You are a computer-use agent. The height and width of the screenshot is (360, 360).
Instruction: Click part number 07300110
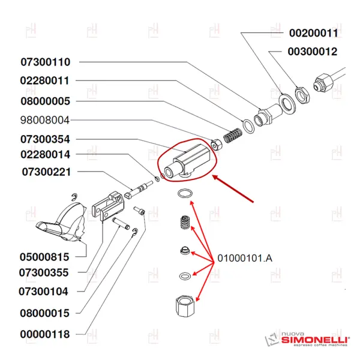(46, 62)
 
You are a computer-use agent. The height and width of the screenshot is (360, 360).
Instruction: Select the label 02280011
(46, 80)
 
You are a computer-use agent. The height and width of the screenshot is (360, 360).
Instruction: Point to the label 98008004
(46, 119)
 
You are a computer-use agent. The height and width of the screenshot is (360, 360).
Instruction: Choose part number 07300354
(46, 139)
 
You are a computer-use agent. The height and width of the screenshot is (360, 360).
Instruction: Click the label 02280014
(46, 154)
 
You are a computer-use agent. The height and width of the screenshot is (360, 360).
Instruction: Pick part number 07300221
(46, 172)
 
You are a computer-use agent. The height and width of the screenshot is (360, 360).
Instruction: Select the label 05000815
(45, 257)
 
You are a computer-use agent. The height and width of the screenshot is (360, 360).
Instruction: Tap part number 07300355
(45, 273)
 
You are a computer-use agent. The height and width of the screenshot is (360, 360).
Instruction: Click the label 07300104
(45, 292)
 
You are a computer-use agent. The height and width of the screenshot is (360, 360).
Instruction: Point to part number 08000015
(45, 313)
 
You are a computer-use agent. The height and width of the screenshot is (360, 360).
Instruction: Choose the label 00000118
(45, 334)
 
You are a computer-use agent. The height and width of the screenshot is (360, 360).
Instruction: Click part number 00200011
(314, 33)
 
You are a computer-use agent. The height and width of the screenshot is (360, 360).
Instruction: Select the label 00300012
(313, 52)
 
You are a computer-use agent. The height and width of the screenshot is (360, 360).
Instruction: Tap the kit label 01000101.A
(245, 259)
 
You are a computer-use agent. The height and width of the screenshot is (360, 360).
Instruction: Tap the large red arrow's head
(216, 176)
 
